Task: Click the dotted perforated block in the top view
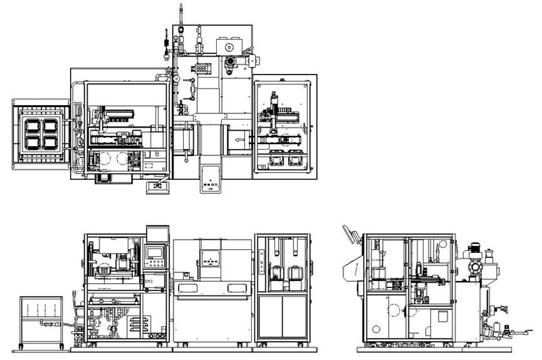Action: (x=202, y=66)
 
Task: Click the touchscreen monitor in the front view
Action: (x=156, y=252)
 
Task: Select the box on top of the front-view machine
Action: (x=156, y=232)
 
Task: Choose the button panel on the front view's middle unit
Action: (x=211, y=259)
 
